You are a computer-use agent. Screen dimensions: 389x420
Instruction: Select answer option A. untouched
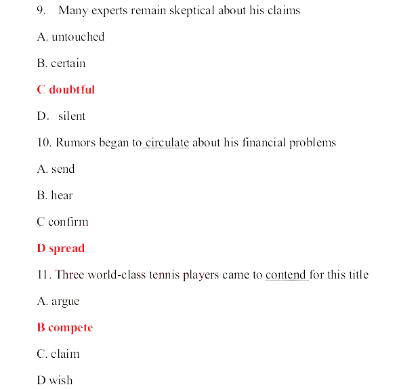[x=70, y=37]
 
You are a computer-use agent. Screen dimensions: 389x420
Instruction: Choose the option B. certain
[x=61, y=64]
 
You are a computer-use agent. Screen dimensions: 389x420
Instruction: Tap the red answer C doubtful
[x=66, y=90]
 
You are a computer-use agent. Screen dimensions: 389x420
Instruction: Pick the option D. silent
[x=62, y=117]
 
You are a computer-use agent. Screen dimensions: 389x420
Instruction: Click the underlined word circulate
[x=167, y=143]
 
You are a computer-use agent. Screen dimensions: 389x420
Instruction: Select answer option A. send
[x=56, y=169]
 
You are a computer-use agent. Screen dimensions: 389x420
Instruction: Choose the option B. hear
[x=55, y=196]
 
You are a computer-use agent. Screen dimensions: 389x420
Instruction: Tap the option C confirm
[x=62, y=222]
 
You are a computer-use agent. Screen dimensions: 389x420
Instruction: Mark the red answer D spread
[x=61, y=249]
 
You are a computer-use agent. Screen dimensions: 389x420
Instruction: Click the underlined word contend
[x=286, y=275]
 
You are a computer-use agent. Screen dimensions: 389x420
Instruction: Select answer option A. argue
[x=58, y=302]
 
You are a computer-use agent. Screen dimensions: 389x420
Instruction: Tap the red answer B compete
[x=65, y=328]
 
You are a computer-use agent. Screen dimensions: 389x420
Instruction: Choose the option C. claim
[x=58, y=354]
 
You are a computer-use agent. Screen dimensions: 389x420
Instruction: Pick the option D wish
[x=55, y=381]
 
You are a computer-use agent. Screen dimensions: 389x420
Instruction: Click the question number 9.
[x=41, y=11]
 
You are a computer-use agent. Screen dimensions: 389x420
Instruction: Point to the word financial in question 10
[x=264, y=143]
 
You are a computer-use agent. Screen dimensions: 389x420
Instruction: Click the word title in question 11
[x=357, y=275]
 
